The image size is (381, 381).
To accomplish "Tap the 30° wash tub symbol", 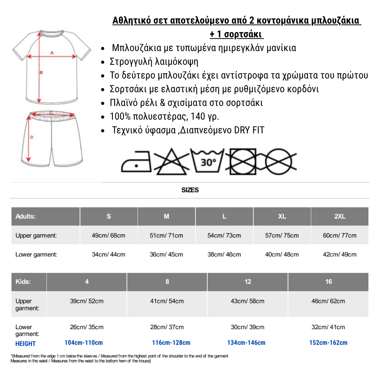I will (x=208, y=162).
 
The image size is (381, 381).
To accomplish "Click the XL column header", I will (x=282, y=216).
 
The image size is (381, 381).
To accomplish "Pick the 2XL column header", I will (x=339, y=216).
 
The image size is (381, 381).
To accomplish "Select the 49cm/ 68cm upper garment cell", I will (x=109, y=235).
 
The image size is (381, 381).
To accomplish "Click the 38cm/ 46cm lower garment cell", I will (x=224, y=255).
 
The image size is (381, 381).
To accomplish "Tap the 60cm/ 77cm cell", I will (x=339, y=235).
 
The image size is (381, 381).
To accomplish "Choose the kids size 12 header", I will (x=248, y=282).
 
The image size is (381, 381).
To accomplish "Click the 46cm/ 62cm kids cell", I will (x=328, y=301).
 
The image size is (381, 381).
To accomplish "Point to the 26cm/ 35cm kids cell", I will (x=87, y=327).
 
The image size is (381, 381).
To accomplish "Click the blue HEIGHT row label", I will (x=26, y=344).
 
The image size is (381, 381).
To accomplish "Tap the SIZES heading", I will (x=190, y=190).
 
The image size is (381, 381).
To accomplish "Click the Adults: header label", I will (x=26, y=216).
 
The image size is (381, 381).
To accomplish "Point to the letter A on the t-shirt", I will (x=52, y=53).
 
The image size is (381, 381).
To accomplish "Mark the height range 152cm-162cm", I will (x=328, y=343).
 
